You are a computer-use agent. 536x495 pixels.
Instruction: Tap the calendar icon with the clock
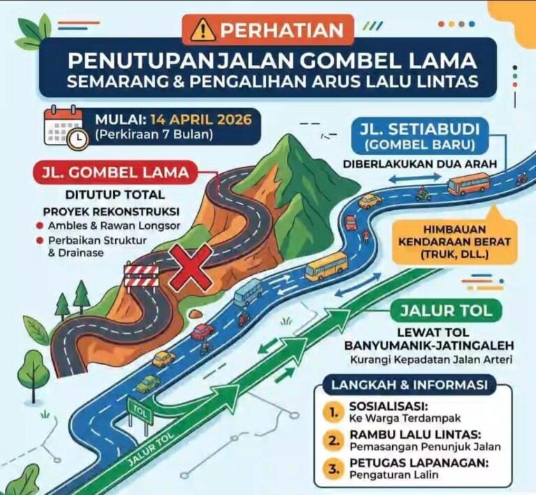click(x=66, y=126)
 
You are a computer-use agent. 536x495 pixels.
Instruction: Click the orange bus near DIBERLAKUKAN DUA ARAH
click(x=468, y=184)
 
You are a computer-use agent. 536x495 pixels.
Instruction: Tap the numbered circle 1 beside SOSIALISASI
click(x=334, y=412)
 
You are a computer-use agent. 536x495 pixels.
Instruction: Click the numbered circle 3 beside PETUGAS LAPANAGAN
click(x=334, y=468)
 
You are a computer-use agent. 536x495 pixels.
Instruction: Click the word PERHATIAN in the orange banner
click(x=283, y=30)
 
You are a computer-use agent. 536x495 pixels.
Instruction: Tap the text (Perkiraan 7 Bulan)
click(x=154, y=133)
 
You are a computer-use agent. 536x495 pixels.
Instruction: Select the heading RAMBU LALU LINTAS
click(x=394, y=435)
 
